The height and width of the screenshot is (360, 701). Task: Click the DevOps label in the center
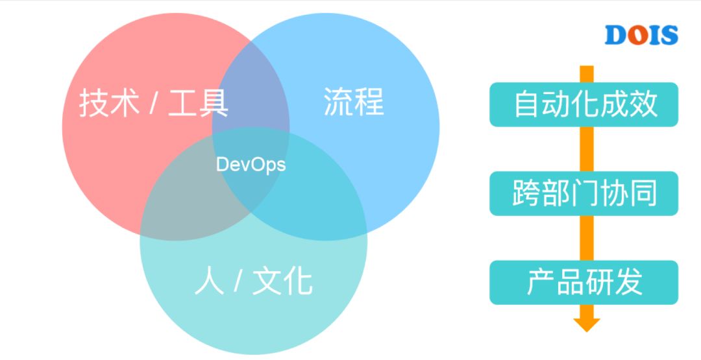click(x=251, y=165)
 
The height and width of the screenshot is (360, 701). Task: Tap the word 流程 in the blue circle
click(x=354, y=102)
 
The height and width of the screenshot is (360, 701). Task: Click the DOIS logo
click(x=641, y=36)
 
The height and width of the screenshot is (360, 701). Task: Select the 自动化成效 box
click(x=584, y=104)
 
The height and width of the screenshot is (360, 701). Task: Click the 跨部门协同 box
click(x=584, y=193)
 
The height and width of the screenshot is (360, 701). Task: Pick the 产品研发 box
click(x=584, y=282)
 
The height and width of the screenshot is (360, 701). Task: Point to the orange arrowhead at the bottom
click(x=586, y=322)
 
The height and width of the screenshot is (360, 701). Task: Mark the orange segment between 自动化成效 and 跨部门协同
click(x=586, y=149)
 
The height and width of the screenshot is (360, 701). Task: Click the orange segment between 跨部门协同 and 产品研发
click(x=586, y=237)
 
